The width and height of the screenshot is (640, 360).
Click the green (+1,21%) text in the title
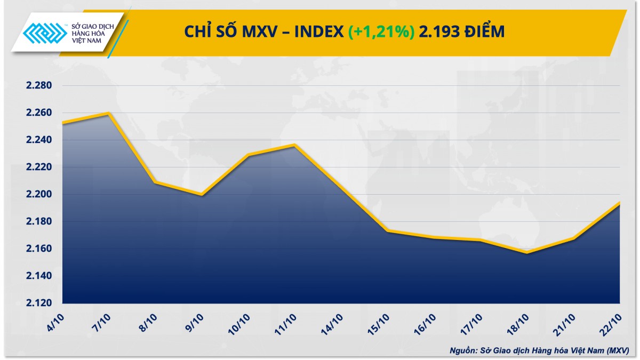point(381,32)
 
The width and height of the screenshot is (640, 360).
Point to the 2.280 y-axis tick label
point(38,86)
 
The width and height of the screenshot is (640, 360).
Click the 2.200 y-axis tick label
point(38,195)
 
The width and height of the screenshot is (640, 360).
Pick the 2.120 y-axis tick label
point(38,303)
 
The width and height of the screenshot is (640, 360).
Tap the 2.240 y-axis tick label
point(38,140)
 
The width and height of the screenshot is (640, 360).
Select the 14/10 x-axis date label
point(332,323)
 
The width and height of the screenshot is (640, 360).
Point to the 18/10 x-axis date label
point(518,323)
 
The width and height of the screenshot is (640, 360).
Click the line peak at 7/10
point(109,113)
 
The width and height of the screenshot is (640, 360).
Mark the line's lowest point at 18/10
point(527,252)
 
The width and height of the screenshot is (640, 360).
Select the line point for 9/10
point(202,195)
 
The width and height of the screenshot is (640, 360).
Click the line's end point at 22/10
point(619,203)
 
